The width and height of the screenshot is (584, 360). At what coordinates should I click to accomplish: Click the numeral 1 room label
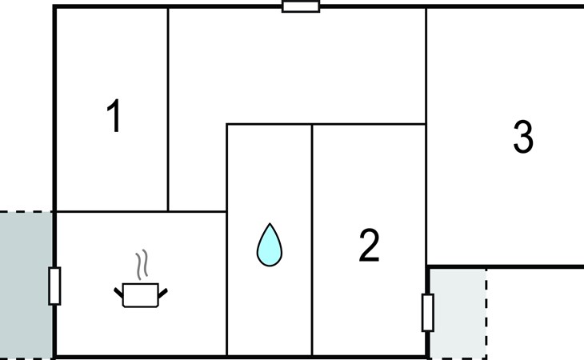[114, 117]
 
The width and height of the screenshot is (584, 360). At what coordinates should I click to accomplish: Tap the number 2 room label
[369, 246]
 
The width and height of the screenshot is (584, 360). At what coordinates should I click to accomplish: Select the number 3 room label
[522, 138]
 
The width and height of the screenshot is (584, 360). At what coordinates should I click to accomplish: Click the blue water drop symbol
[270, 244]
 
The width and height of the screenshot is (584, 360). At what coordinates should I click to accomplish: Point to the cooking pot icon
[141, 294]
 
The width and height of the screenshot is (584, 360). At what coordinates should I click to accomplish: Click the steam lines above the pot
[142, 266]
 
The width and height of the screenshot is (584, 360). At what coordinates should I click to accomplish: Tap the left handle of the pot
[118, 290]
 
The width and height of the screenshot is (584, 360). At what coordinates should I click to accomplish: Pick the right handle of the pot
[165, 293]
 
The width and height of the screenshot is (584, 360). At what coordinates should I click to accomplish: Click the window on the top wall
[301, 6]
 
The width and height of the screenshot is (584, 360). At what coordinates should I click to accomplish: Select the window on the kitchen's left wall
[54, 286]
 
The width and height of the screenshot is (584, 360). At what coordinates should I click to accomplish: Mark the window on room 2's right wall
[427, 312]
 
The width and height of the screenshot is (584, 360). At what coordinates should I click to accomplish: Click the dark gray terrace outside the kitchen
[26, 284]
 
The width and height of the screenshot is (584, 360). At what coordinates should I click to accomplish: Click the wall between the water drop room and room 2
[311, 240]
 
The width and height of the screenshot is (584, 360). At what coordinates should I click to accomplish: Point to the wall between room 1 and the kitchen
[112, 212]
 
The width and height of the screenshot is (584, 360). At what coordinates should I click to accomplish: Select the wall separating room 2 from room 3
[426, 192]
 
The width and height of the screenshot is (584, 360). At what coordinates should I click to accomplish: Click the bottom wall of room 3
[504, 266]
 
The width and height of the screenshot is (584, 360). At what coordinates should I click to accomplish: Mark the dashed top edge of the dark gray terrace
[26, 212]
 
